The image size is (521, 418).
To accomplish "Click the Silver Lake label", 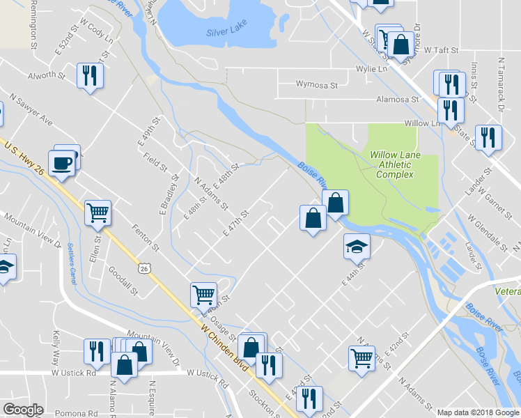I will pos(227,33).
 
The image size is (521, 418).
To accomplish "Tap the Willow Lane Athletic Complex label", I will pos(394,164).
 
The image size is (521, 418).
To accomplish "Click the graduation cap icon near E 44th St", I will pos(357,246).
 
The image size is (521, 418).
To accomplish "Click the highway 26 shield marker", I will pos(143,268).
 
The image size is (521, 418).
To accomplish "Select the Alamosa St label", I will pos(396,100).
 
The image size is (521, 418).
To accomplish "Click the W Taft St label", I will pos(441,51).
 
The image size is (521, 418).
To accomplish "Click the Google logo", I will pos(23,410).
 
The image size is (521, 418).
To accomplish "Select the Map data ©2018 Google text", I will pos(478,412).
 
